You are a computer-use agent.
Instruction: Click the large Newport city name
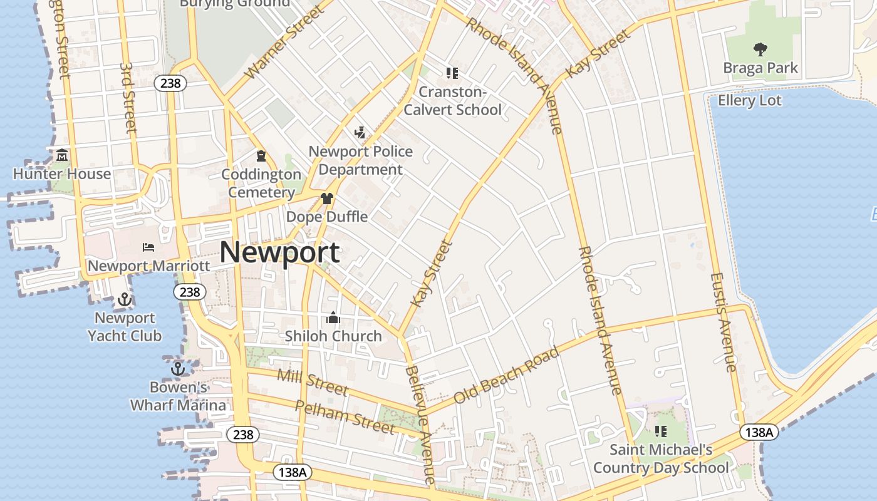click(x=280, y=252)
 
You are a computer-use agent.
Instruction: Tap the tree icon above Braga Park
click(x=760, y=49)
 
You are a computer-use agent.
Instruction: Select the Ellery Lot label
click(x=750, y=100)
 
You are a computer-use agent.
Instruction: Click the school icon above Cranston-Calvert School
click(x=452, y=73)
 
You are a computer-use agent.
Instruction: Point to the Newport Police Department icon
click(x=360, y=132)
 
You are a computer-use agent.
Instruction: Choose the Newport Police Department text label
click(x=361, y=160)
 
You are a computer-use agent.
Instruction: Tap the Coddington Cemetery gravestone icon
click(x=261, y=155)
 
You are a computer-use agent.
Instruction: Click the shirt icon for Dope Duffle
click(x=326, y=199)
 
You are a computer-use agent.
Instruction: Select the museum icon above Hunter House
click(x=62, y=155)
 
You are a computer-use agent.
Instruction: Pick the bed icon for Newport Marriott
click(x=148, y=247)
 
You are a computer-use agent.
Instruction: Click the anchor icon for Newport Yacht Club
click(x=125, y=299)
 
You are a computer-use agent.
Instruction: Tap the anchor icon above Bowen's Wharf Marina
click(x=178, y=368)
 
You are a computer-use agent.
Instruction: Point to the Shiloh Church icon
click(x=333, y=318)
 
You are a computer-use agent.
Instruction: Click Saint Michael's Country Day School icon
click(x=661, y=431)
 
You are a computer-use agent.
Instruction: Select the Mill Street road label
click(x=312, y=382)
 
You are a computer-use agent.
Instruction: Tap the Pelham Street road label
click(x=345, y=417)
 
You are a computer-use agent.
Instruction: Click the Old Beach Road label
click(x=506, y=375)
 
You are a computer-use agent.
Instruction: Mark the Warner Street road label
click(x=285, y=43)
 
